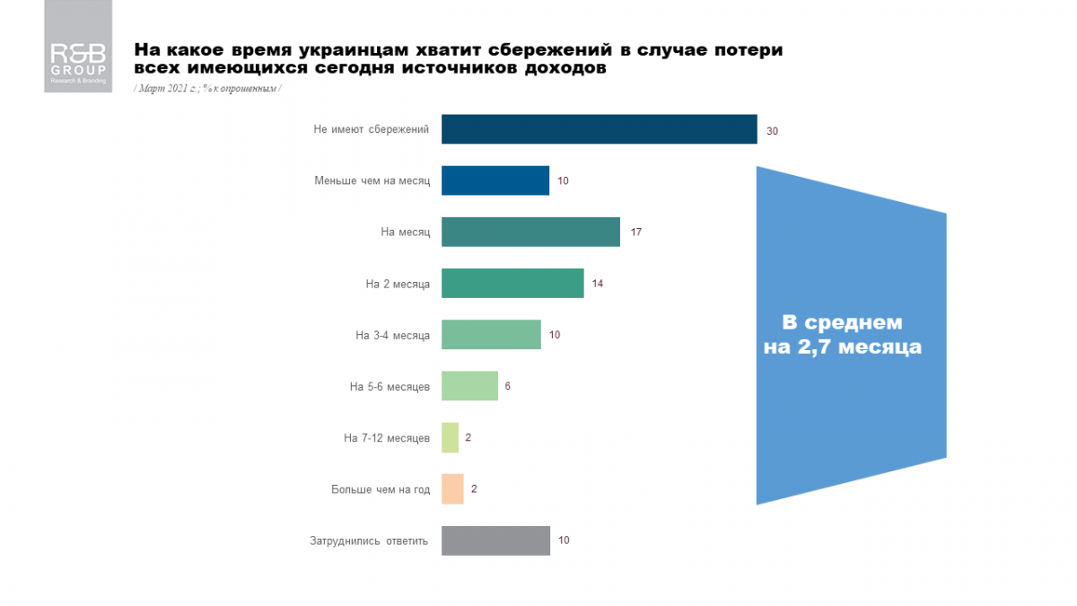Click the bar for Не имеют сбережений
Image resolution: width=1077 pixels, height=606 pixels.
tap(600, 129)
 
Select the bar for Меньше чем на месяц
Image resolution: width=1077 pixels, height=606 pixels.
tap(495, 180)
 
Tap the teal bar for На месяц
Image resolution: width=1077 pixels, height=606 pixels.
tap(531, 232)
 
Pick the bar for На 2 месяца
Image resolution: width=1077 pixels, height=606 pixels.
tap(512, 284)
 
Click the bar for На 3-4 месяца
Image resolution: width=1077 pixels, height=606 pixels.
tap(492, 335)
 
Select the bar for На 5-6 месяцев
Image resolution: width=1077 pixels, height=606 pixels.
tap(470, 386)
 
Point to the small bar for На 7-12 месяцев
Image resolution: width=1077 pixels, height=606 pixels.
tap(451, 438)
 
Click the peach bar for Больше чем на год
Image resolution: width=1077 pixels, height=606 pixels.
tap(453, 489)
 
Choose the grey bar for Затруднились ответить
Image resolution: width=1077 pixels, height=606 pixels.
tap(495, 540)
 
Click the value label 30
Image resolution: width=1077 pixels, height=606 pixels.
tap(772, 130)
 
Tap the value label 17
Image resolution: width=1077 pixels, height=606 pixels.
tap(635, 233)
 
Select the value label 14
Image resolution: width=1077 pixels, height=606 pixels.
tap(599, 284)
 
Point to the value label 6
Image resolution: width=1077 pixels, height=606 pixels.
tap(508, 387)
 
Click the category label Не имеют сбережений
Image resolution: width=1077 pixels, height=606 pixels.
tap(372, 129)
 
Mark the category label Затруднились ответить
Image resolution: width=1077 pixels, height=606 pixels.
tap(369, 540)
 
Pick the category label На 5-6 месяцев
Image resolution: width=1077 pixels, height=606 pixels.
tap(390, 387)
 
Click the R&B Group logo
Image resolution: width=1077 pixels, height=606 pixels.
tap(78, 46)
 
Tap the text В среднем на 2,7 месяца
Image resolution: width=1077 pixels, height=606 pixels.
tap(842, 334)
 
